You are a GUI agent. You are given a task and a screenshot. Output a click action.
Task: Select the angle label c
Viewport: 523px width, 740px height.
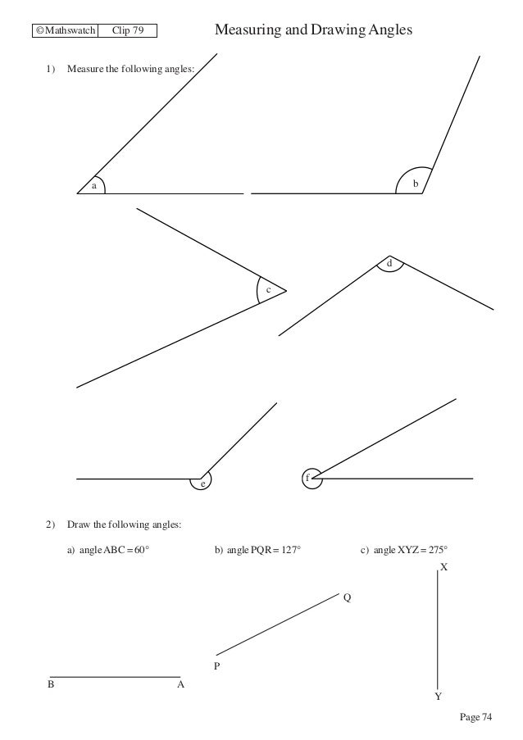pyautogui.click(x=267, y=290)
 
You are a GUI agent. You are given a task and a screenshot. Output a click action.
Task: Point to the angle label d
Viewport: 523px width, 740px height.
pyautogui.click(x=390, y=263)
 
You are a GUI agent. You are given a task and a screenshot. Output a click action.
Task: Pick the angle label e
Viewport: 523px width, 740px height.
pyautogui.click(x=202, y=484)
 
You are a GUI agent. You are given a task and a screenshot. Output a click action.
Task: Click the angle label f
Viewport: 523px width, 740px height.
pyautogui.click(x=307, y=478)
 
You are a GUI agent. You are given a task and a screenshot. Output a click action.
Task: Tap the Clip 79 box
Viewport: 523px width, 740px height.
pyautogui.click(x=127, y=32)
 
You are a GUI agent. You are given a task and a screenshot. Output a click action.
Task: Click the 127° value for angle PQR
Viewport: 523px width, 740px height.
pyautogui.click(x=290, y=550)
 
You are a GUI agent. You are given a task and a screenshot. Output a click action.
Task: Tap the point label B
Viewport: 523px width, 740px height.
pyautogui.click(x=51, y=685)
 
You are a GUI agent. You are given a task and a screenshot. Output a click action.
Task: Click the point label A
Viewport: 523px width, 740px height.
pyautogui.click(x=181, y=685)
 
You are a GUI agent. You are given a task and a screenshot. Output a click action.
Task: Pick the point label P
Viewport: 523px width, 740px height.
pyautogui.click(x=217, y=667)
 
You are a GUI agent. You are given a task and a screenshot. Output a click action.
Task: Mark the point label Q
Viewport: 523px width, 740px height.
pyautogui.click(x=348, y=599)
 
